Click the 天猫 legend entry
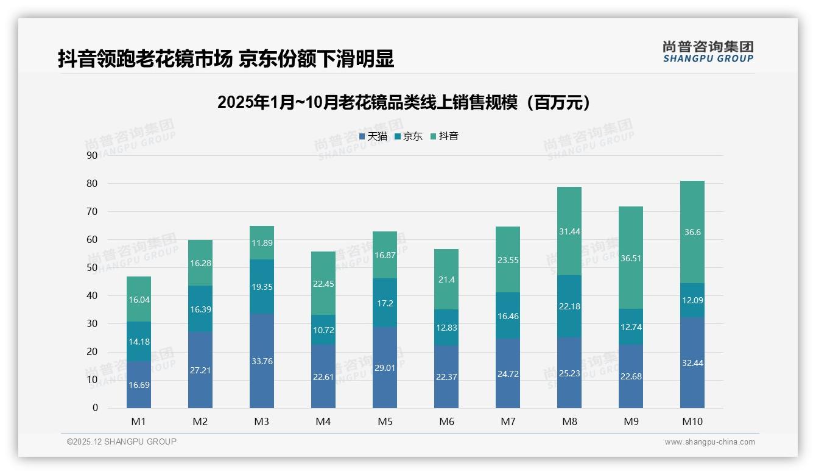(373, 136)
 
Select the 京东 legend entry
(408, 136)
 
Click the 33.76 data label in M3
(261, 361)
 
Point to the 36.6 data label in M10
(692, 232)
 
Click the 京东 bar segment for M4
(323, 329)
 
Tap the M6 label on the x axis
(446, 421)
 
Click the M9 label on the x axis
(630, 421)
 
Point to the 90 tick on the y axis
(92, 155)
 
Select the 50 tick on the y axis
(92, 268)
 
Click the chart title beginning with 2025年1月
(404, 103)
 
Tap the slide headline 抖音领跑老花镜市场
(226, 58)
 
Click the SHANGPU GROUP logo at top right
(708, 52)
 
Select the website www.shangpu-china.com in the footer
(709, 442)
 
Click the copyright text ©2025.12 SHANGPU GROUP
(122, 442)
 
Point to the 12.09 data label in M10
(692, 300)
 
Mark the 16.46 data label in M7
(507, 316)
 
